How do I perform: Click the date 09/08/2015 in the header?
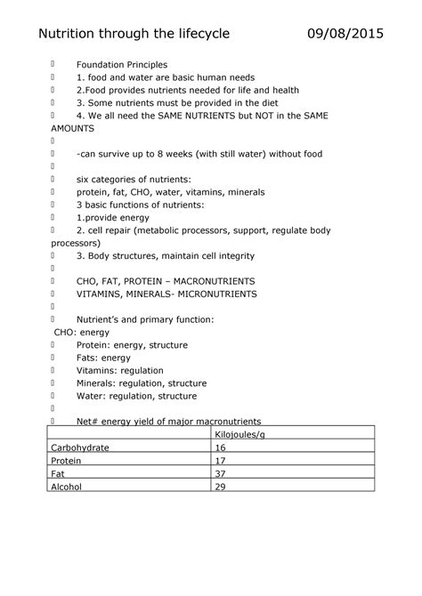[345, 34]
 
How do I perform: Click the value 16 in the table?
[221, 447]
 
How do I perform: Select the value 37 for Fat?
[221, 474]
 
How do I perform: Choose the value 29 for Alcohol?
[221, 487]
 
